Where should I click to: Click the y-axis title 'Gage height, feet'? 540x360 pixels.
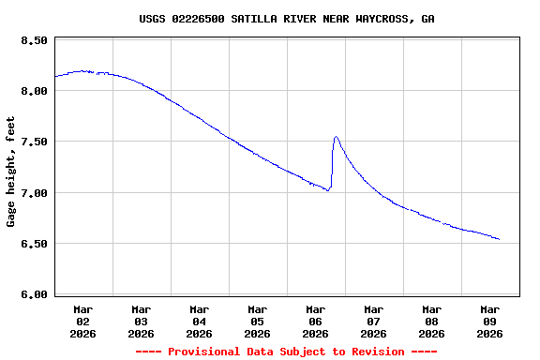pyautogui.click(x=11, y=172)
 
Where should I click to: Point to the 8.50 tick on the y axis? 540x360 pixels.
pyautogui.click(x=34, y=40)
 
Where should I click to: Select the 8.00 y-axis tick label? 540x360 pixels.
pyautogui.click(x=34, y=91)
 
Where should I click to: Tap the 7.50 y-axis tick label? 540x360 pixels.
pyautogui.click(x=34, y=142)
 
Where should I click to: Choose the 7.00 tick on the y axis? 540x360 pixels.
pyautogui.click(x=34, y=193)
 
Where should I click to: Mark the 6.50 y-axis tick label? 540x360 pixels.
pyautogui.click(x=34, y=244)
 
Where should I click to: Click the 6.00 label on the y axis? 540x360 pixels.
pyautogui.click(x=34, y=294)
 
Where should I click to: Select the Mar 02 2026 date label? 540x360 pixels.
pyautogui.click(x=83, y=321)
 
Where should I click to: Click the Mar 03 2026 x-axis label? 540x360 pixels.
pyautogui.click(x=142, y=321)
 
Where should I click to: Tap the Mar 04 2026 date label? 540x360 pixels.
pyautogui.click(x=200, y=321)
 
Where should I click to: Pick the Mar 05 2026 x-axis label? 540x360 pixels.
pyautogui.click(x=258, y=321)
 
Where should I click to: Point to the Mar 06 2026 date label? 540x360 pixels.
pyautogui.click(x=316, y=321)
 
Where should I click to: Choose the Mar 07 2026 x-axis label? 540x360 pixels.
pyautogui.click(x=374, y=321)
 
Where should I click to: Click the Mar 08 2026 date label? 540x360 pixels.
pyautogui.click(x=432, y=321)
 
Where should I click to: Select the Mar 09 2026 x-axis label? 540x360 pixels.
pyautogui.click(x=490, y=321)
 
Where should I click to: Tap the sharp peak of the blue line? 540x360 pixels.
pyautogui.click(x=336, y=137)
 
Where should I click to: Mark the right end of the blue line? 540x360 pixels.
pyautogui.click(x=499, y=239)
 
